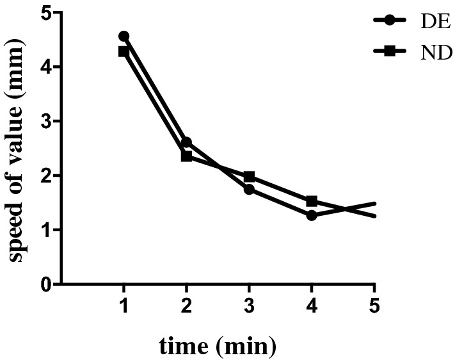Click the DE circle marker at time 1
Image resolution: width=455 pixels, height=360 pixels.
pyautogui.click(x=124, y=36)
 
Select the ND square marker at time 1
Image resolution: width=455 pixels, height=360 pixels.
pyautogui.click(x=124, y=51)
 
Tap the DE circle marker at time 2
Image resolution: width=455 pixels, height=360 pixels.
pyautogui.click(x=186, y=142)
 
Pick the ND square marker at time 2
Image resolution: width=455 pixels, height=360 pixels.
pyautogui.click(x=186, y=156)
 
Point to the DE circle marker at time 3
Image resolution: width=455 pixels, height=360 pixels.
pyautogui.click(x=249, y=189)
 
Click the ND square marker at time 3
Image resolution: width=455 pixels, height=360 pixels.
pyautogui.click(x=249, y=176)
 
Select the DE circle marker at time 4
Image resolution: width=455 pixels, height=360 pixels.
pyautogui.click(x=312, y=215)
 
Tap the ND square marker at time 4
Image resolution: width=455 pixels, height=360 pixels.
pyautogui.click(x=312, y=201)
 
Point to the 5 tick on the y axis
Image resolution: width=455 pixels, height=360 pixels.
pyautogui.click(x=45, y=12)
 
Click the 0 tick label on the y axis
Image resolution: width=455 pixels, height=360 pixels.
pyautogui.click(x=45, y=284)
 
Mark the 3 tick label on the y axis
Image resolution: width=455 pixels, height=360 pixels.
pyautogui.click(x=45, y=121)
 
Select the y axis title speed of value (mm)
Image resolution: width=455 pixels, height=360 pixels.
pyautogui.click(x=17, y=148)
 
